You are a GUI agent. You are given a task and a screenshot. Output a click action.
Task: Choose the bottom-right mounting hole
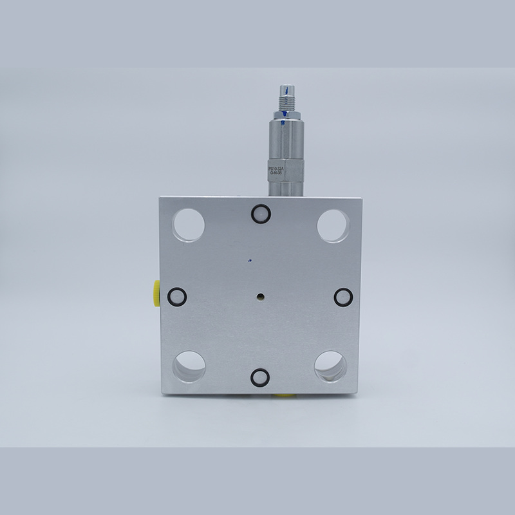tap(330, 366)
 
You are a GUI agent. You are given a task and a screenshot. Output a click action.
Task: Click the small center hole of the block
tap(259, 297)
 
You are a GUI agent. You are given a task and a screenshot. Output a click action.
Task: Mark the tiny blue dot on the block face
tap(248, 261)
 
